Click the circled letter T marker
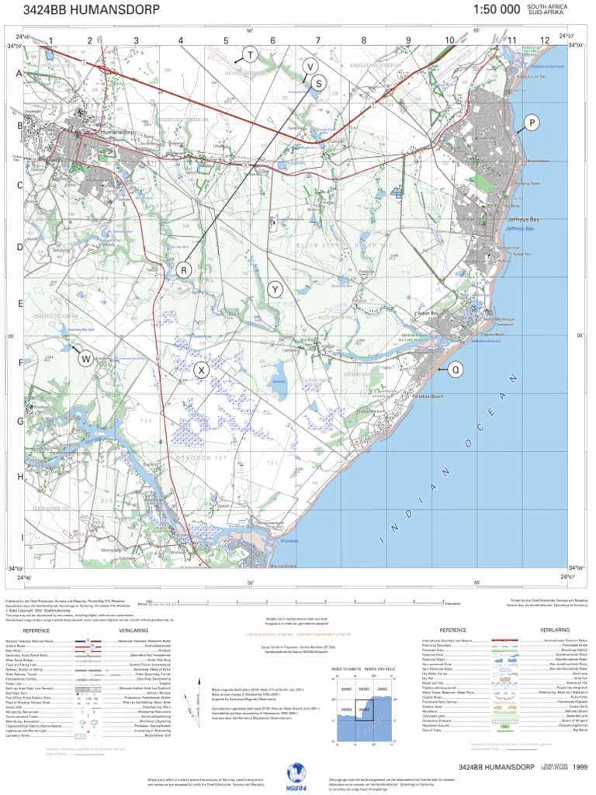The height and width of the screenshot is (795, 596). click(250, 54)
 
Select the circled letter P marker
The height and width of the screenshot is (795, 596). click(532, 123)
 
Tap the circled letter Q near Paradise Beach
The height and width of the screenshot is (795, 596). click(455, 370)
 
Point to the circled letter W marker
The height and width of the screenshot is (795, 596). click(85, 358)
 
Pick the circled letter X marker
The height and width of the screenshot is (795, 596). click(201, 370)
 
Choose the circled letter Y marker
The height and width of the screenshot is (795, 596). click(275, 290)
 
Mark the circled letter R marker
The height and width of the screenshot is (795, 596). click(184, 270)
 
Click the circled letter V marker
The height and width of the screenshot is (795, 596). click(309, 66)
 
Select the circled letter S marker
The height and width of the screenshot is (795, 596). click(318, 83)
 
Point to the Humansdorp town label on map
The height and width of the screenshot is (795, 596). click(117, 133)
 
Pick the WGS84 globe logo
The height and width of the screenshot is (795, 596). click(297, 773)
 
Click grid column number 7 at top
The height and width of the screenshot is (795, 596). click(317, 40)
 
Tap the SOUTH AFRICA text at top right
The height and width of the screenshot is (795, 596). click(547, 7)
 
